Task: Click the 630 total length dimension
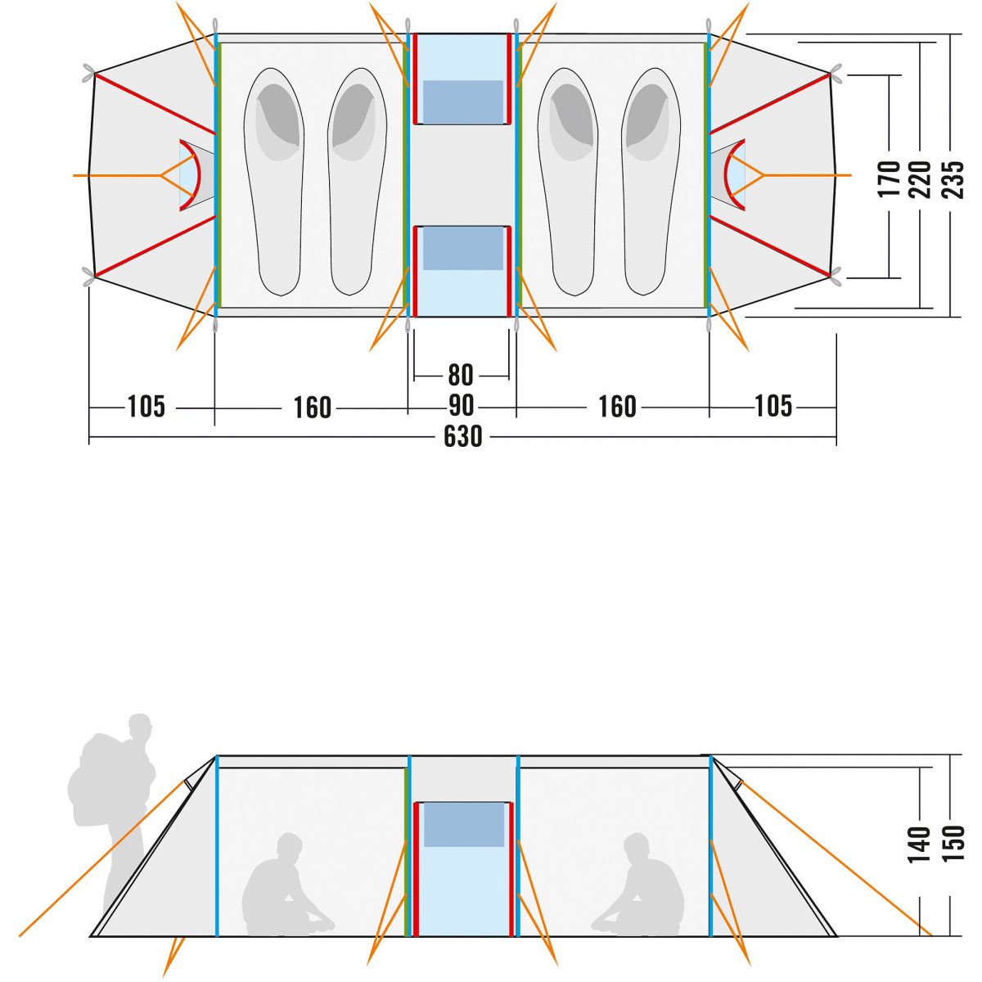tap(463, 437)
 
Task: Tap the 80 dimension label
tap(461, 376)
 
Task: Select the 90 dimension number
tap(462, 406)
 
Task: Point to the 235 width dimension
tap(953, 179)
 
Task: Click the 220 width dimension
tap(921, 179)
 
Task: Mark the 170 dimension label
tap(890, 179)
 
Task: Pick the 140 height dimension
tap(920, 844)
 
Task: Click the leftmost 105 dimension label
tap(146, 406)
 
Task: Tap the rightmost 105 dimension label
tap(773, 406)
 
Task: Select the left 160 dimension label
tap(313, 408)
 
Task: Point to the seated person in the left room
tap(282, 888)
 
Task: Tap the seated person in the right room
tap(642, 888)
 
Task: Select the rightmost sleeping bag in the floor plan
tap(651, 180)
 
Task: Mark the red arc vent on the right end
tap(736, 174)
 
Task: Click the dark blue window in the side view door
tap(463, 824)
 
